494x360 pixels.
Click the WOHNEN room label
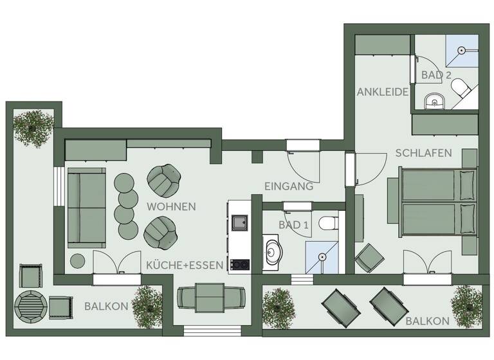click(x=171, y=207)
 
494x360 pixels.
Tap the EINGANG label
click(x=289, y=186)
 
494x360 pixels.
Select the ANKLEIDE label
click(x=383, y=92)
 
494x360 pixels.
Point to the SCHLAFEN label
click(x=423, y=153)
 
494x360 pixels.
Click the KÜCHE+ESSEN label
click(x=185, y=265)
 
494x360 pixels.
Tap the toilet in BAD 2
click(x=461, y=88)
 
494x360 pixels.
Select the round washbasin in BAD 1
click(x=274, y=253)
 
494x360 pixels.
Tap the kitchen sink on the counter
click(x=241, y=223)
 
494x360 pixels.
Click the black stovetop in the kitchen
click(x=241, y=264)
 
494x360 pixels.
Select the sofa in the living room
click(x=87, y=208)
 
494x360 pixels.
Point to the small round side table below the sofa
click(x=78, y=261)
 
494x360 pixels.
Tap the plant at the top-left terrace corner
click(x=33, y=127)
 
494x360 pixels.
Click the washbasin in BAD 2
click(x=434, y=100)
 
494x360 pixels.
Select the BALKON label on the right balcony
click(x=427, y=320)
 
